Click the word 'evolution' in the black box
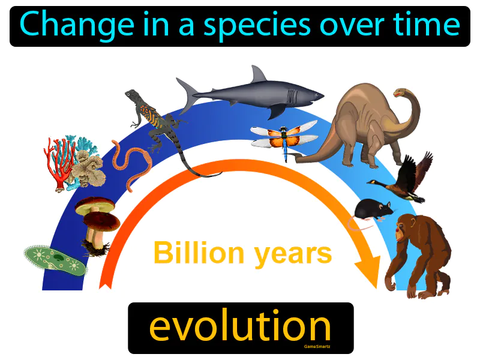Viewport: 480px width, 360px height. [240, 327]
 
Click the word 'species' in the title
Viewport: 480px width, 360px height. [235, 25]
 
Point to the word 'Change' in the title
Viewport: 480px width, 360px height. [67, 25]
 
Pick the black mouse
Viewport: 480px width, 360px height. [372, 209]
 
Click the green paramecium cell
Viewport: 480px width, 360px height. [55, 259]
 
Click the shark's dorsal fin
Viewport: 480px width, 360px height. [258, 76]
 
